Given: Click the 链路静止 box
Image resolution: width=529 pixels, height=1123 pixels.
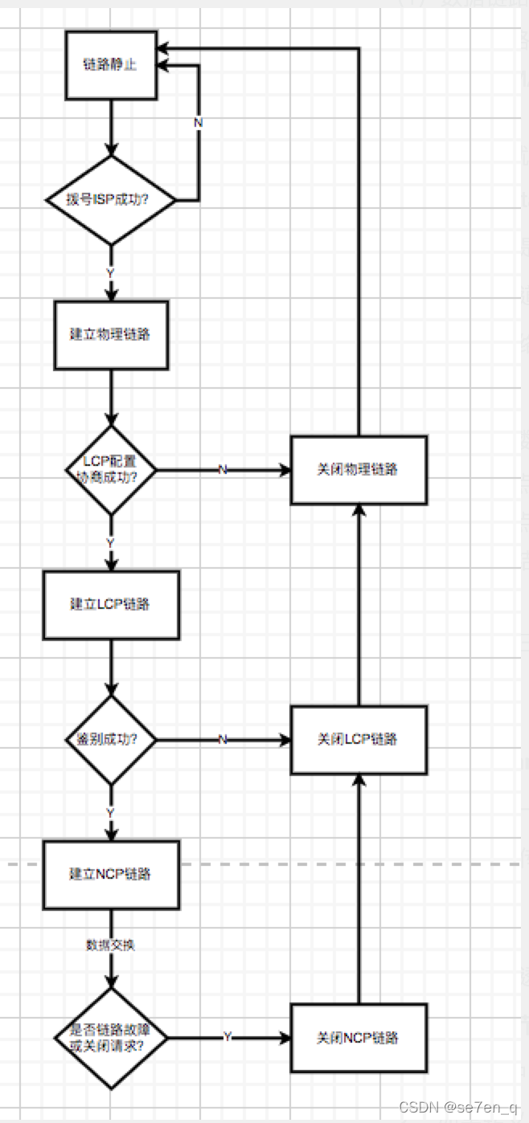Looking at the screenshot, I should click(111, 65).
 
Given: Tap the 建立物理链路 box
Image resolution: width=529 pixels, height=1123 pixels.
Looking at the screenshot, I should click(111, 335).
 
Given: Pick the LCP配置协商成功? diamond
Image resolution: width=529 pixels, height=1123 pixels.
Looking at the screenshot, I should click(111, 469).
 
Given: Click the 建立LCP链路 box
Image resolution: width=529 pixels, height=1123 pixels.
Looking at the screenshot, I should click(111, 605).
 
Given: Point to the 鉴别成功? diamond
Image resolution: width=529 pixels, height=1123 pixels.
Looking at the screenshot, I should click(111, 739).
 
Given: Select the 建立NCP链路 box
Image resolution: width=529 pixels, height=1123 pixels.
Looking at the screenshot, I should click(111, 875).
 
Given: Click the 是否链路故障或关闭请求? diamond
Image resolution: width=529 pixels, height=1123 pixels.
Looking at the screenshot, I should click(111, 1038).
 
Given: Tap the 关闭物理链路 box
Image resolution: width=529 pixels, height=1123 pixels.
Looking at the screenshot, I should click(358, 470).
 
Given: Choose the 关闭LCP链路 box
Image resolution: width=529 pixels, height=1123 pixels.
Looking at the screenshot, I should click(358, 739).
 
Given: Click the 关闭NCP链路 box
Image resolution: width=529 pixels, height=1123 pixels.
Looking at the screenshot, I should click(358, 1038).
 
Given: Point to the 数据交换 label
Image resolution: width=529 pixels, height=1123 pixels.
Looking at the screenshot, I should click(111, 945).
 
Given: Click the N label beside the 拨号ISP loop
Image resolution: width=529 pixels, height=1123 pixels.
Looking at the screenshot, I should click(199, 122).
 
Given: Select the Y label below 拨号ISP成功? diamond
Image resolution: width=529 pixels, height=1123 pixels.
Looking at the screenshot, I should click(111, 273).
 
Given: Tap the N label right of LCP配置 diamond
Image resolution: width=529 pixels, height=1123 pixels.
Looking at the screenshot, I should click(223, 470).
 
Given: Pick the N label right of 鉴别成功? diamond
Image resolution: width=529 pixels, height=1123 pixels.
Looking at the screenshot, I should click(223, 739).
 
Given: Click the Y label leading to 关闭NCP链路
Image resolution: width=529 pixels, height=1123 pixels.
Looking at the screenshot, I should click(228, 1038).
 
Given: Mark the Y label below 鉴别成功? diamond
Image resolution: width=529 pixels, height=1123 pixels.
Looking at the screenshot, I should click(111, 813).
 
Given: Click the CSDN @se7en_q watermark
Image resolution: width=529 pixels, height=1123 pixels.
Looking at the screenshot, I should click(459, 1109).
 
